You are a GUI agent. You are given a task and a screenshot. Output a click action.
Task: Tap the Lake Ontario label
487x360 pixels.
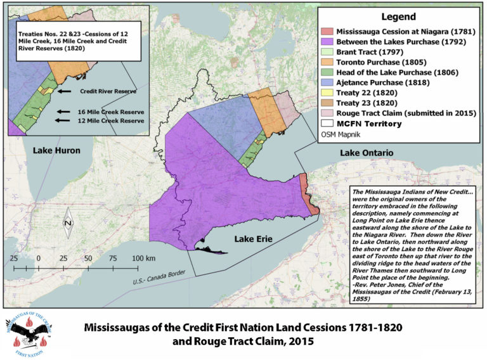click(x=367, y=153)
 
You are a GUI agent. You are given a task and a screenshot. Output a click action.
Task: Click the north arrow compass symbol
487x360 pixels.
click(x=69, y=224)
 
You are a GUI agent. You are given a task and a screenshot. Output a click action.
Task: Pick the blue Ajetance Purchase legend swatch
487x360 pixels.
click(x=328, y=82)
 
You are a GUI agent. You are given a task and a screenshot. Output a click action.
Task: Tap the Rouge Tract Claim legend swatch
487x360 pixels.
click(x=328, y=113)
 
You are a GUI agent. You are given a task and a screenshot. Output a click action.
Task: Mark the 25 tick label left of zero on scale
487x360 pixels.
click(x=13, y=259)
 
